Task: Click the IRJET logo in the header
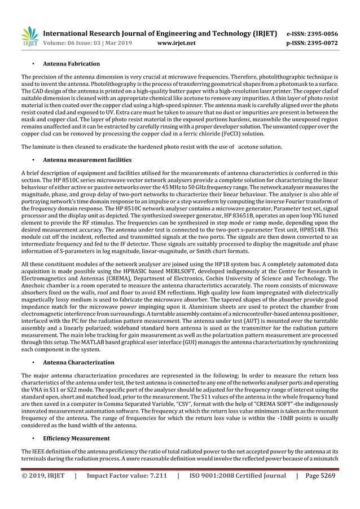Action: coord(29,37)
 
